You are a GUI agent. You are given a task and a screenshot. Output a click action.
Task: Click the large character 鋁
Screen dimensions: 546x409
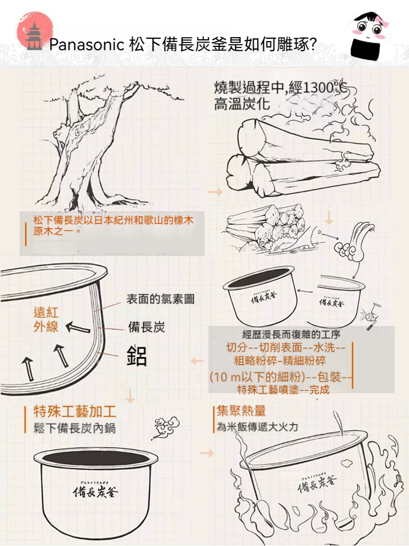137,355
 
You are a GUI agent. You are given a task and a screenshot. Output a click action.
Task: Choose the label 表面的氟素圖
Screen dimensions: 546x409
160,299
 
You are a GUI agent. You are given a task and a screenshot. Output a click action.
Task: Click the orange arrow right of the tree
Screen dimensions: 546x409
215,192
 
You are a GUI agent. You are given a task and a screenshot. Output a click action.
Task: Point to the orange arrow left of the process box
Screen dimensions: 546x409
197,361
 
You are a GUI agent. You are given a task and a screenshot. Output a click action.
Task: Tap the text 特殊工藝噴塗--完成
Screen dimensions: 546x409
284,389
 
